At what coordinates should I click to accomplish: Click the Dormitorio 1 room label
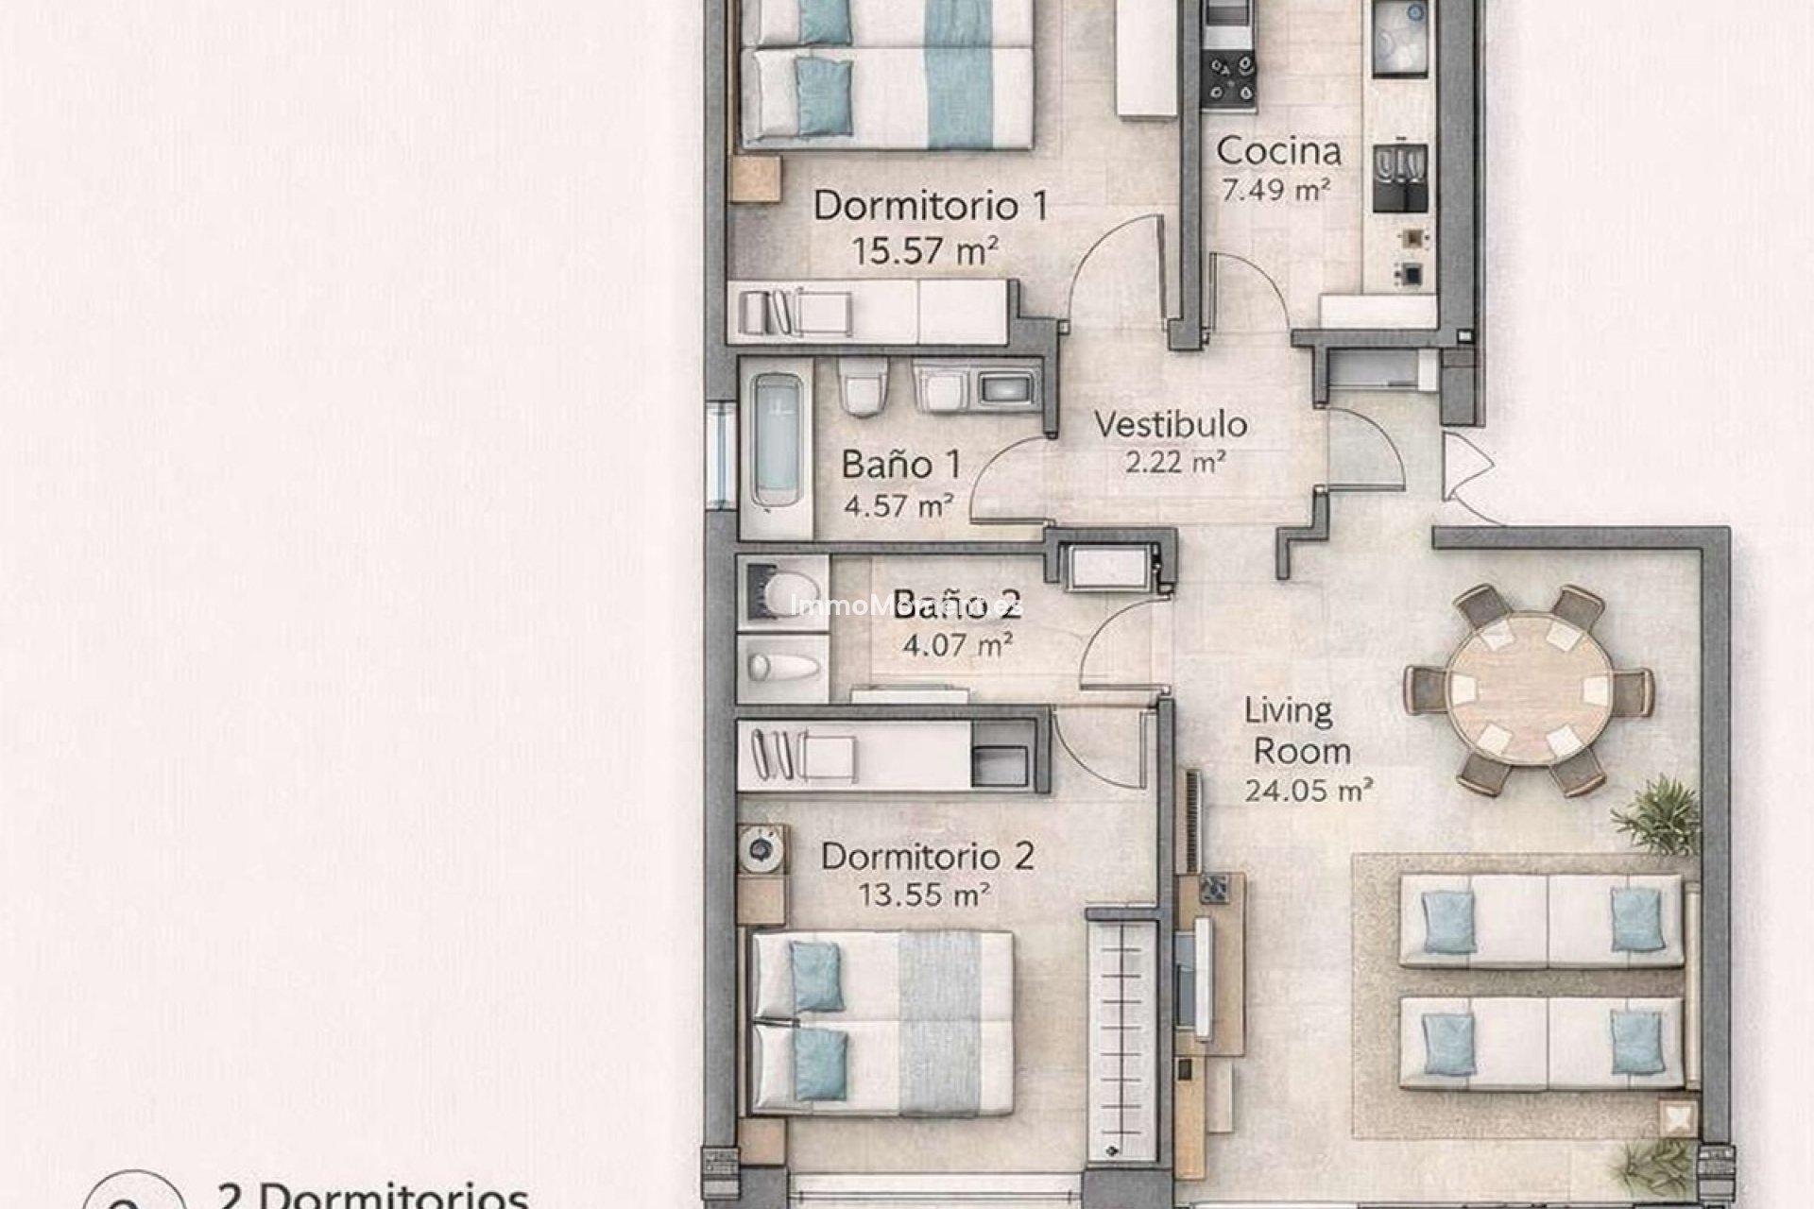[x=931, y=206]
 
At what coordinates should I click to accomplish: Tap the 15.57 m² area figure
[x=925, y=251]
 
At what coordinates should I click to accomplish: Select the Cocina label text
[x=1278, y=151]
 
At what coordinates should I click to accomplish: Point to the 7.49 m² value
[x=1275, y=191]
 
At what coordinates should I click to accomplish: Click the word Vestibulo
[x=1171, y=425]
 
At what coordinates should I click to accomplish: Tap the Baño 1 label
[x=901, y=465]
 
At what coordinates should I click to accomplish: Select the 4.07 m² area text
[x=957, y=646]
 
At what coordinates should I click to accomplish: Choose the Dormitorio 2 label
[x=927, y=857]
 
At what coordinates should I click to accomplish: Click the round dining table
[x=1529, y=688]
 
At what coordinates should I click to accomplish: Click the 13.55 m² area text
[x=923, y=894]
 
